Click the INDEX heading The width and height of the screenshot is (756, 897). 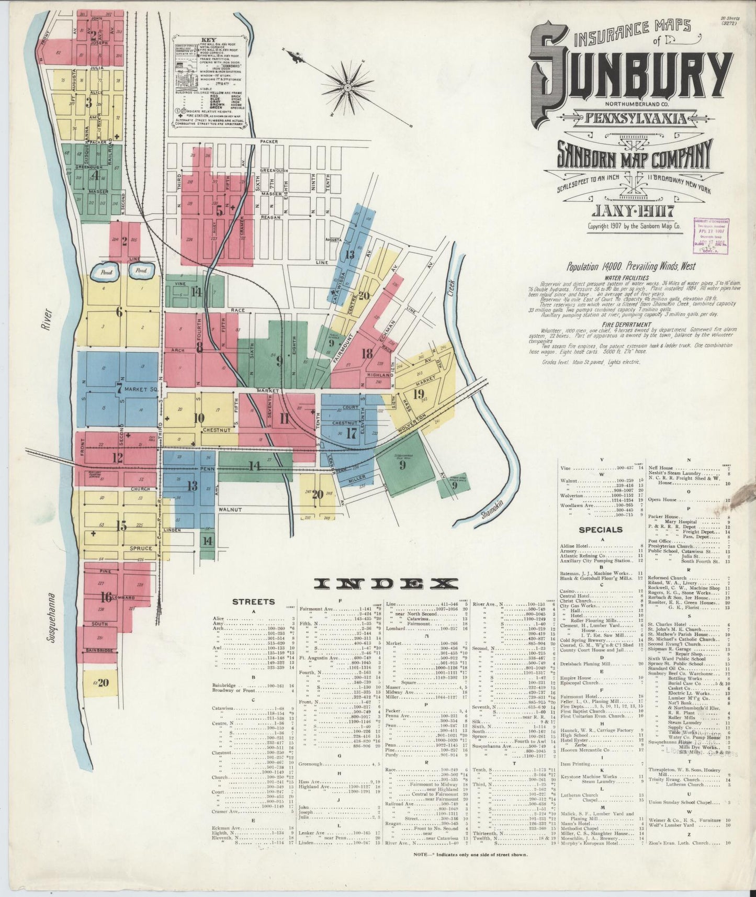(x=386, y=584)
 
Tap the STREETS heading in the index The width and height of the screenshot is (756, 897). (x=253, y=601)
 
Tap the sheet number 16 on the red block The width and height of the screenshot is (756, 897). (x=106, y=597)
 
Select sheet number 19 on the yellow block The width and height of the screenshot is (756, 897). (x=418, y=394)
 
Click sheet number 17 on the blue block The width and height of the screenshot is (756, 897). (x=351, y=433)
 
